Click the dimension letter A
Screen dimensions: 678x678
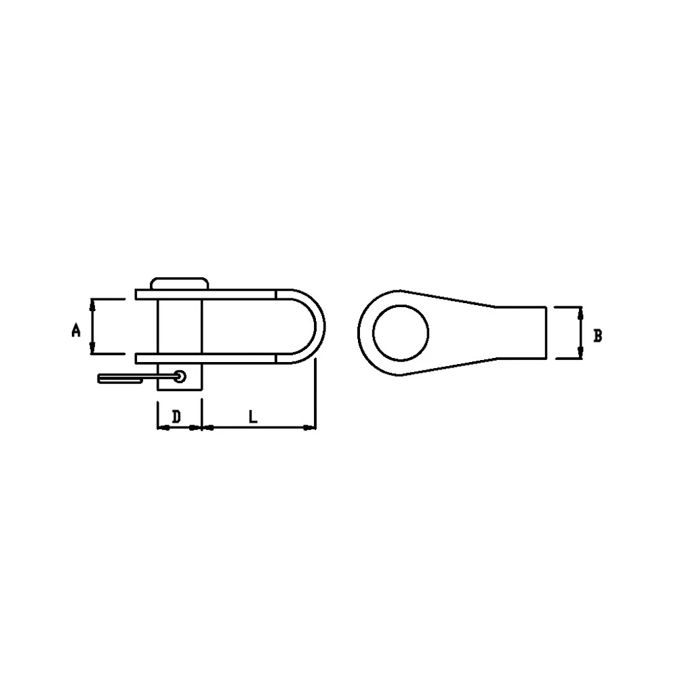click(77, 331)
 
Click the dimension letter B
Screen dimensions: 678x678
click(597, 335)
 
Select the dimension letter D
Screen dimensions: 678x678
click(176, 416)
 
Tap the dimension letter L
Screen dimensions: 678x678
click(252, 416)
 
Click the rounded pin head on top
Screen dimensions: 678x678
click(179, 283)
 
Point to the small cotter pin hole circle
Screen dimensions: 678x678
click(180, 376)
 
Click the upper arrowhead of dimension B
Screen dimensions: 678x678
click(580, 312)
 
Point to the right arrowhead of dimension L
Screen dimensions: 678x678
click(311, 427)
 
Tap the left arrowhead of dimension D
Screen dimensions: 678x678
click(161, 427)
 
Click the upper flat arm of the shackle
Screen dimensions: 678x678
click(237, 295)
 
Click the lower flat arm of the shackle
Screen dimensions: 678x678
click(237, 359)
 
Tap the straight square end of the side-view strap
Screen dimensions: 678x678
click(544, 332)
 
